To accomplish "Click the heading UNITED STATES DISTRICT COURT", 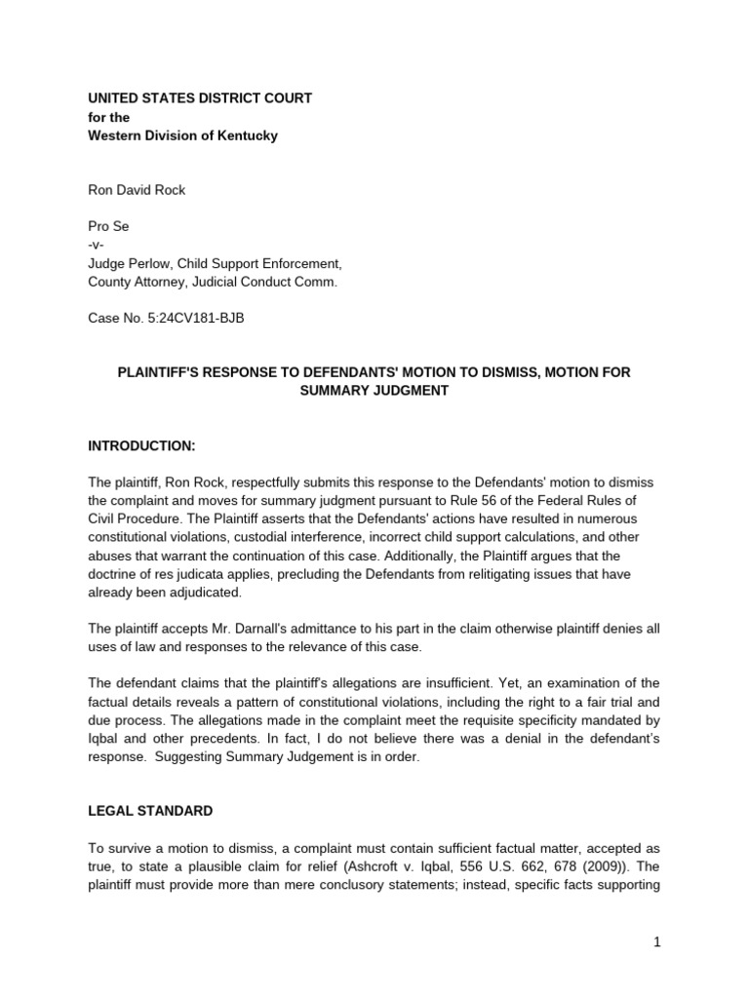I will tap(201, 98).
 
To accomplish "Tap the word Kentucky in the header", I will tap(245, 135).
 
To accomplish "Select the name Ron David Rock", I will tap(138, 190).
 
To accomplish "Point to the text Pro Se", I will tap(109, 226).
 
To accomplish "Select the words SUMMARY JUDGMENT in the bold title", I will tap(374, 391).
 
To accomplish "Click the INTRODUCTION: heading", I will tap(142, 445).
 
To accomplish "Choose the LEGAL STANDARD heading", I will tap(151, 811).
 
